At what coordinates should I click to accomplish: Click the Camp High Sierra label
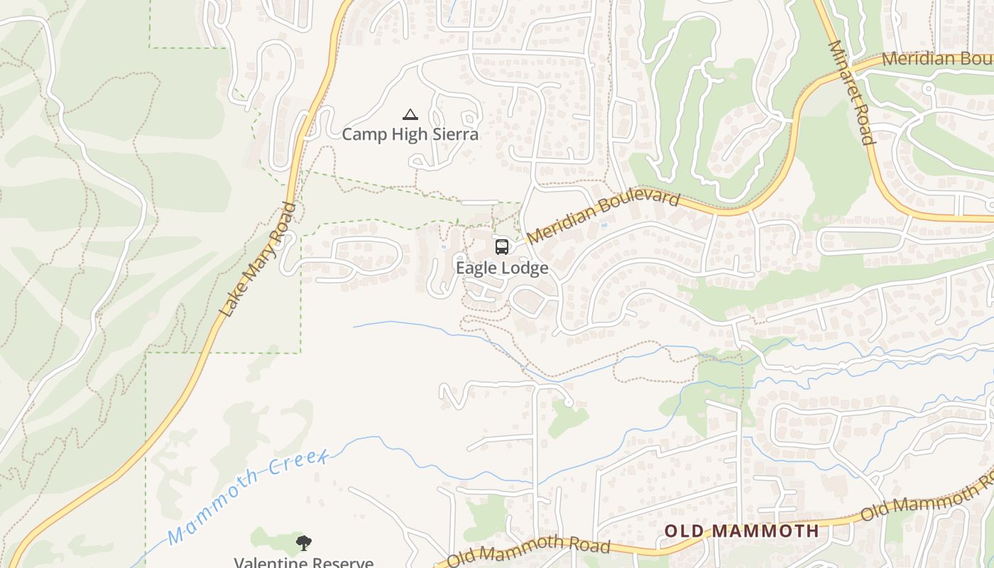pos(410,134)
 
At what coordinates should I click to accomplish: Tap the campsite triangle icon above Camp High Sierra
pos(410,114)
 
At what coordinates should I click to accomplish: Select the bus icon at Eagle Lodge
pos(501,247)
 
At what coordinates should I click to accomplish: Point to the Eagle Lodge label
pos(502,268)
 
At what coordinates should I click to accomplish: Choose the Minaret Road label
pos(850,92)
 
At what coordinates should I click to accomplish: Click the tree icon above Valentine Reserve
pos(304,544)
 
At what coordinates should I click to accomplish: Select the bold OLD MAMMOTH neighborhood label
pos(741,530)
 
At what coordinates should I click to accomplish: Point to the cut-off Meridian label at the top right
pos(937,58)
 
